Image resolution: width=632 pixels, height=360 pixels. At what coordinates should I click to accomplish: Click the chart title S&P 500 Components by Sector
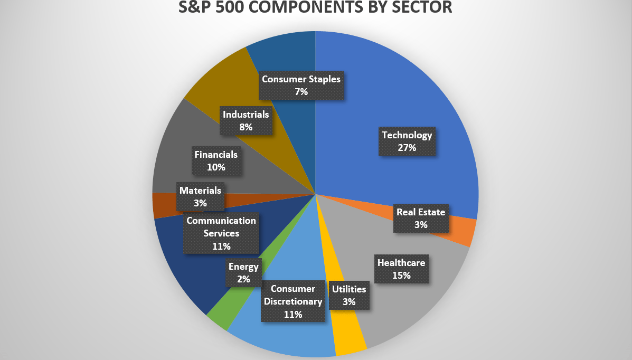pos(316,8)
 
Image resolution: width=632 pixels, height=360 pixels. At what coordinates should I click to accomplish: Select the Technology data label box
pos(407,141)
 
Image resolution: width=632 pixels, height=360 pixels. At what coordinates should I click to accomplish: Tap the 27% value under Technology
pos(407,148)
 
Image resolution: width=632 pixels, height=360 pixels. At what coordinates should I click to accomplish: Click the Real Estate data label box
pos(421,218)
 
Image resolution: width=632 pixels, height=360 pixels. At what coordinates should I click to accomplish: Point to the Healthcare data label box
pos(401,268)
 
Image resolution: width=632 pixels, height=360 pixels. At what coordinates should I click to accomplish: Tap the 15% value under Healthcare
pos(401,275)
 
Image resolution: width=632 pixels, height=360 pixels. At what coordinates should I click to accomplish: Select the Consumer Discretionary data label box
pos(293,301)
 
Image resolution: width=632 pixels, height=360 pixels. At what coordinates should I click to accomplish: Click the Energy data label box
pos(243,272)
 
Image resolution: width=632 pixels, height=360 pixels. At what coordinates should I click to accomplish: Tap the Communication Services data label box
pos(221,233)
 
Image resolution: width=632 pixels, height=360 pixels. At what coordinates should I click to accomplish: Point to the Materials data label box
pos(200,196)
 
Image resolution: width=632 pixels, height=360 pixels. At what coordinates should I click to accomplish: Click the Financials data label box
pos(216,160)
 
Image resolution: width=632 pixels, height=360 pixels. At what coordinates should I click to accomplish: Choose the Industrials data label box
pos(246,120)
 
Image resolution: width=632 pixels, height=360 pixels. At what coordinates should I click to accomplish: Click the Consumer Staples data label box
pos(301,85)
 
